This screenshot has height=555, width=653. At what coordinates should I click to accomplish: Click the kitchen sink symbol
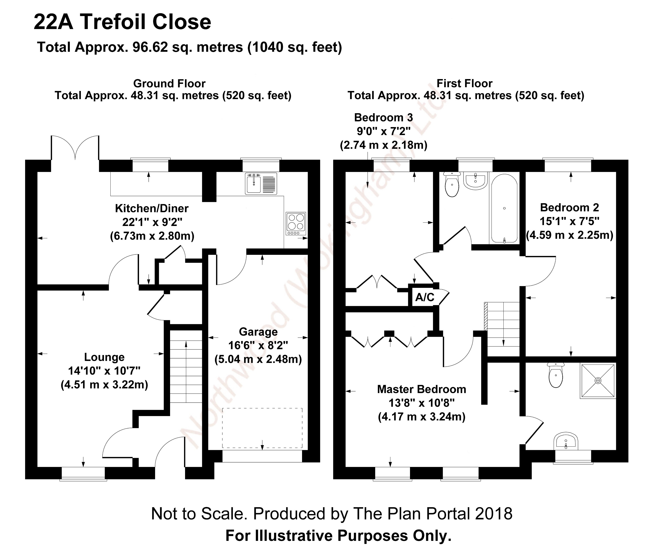pos(261,183)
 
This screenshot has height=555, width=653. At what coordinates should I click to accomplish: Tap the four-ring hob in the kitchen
pos(295,223)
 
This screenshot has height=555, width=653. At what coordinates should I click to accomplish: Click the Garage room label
pos(258,332)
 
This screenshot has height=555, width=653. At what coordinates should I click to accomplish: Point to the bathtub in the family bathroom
pos(504,208)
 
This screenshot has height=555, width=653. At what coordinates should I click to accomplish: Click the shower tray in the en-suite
pos(598,381)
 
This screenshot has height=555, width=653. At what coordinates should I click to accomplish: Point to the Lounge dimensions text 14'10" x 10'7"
pos(104,371)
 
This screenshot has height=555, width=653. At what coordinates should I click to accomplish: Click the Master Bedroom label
pos(421,389)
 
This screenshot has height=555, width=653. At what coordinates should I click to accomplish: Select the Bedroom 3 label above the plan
pos(383,117)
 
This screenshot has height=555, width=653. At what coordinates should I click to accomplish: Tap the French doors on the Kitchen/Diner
pos(75,148)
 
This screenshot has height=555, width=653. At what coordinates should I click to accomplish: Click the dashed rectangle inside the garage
pos(262,428)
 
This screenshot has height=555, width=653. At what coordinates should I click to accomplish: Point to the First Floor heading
pos(464,83)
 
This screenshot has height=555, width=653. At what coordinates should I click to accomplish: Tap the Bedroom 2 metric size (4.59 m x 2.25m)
pos(570,235)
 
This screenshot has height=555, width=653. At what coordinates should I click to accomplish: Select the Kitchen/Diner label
pos(152,208)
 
